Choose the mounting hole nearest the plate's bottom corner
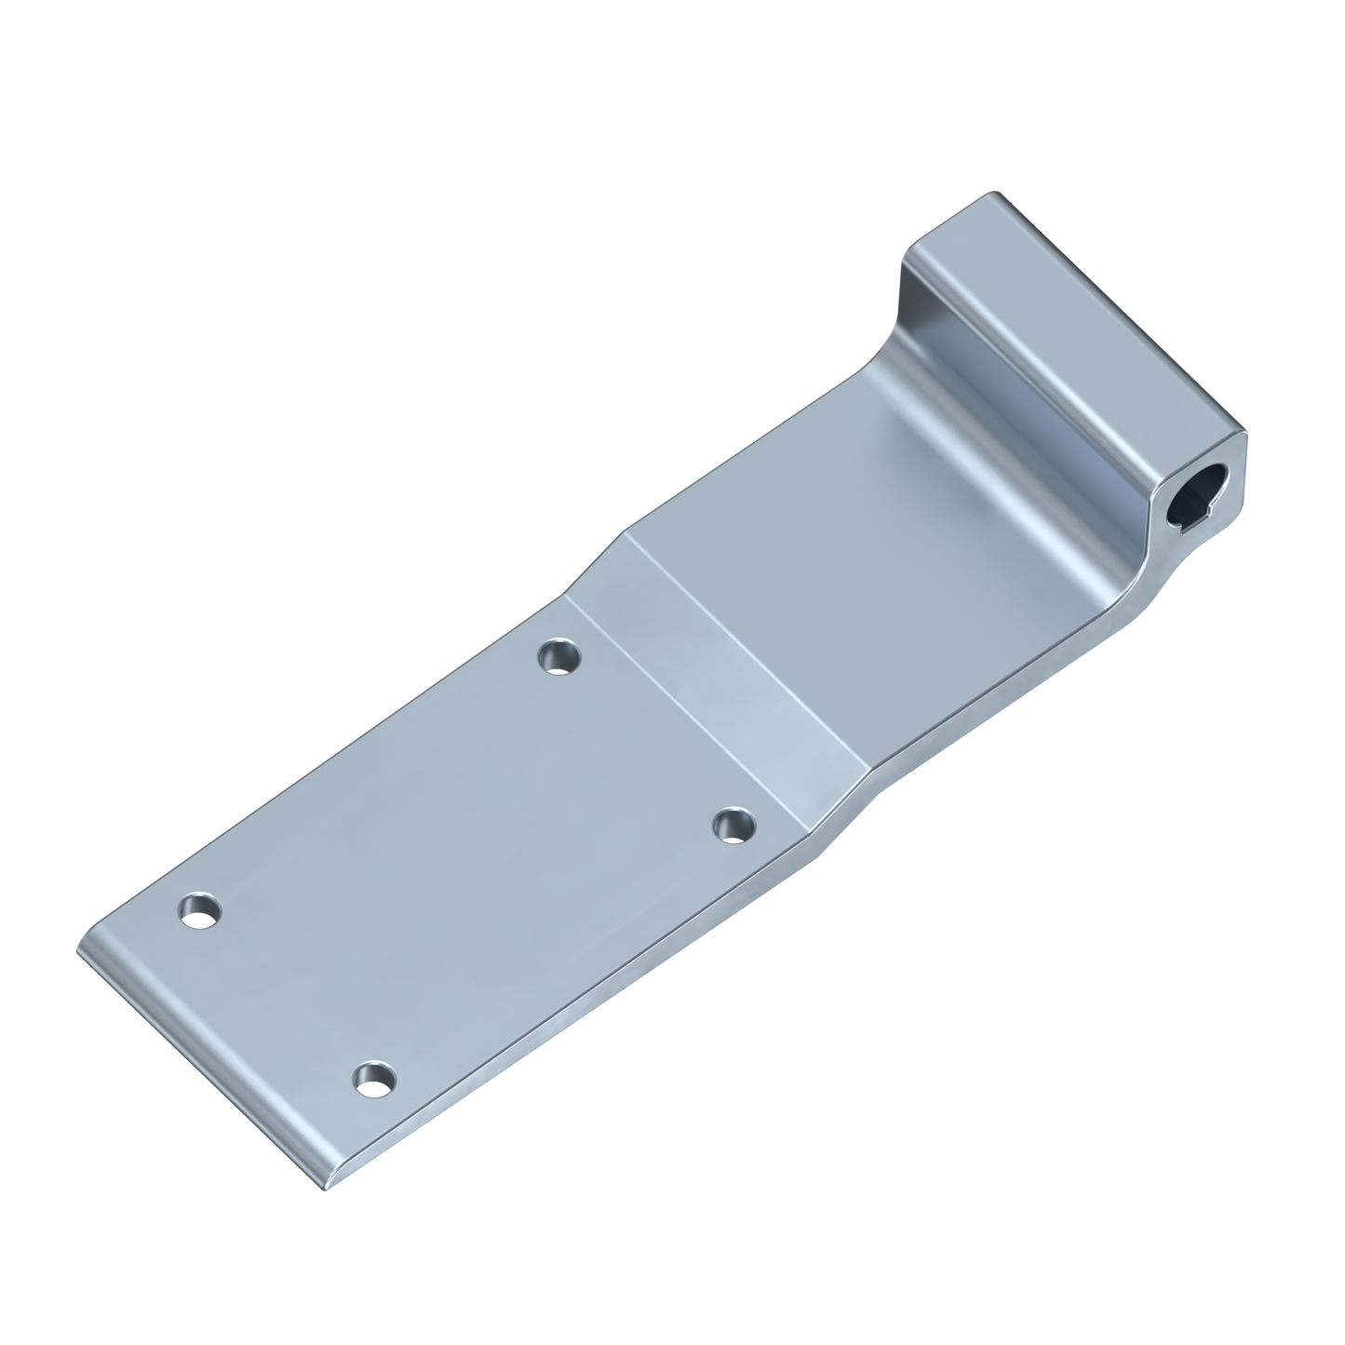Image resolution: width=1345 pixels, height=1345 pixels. [x=374, y=1080]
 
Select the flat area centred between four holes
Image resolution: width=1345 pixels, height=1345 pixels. [x=465, y=866]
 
